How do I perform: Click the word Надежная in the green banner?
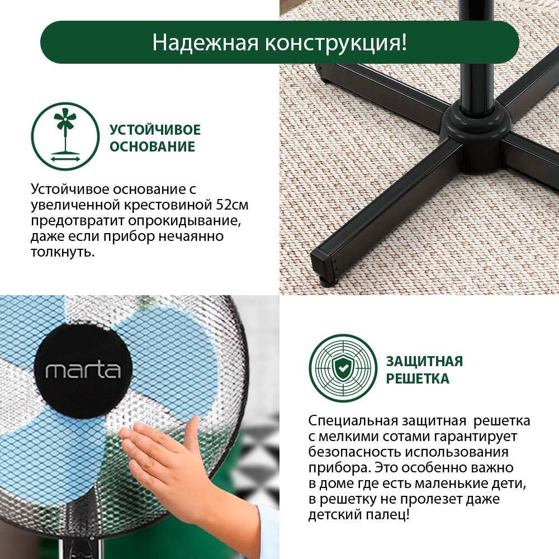tap(205, 42)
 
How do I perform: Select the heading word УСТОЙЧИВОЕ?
tap(155, 130)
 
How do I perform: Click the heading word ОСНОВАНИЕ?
tap(152, 146)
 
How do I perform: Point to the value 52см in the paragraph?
tap(233, 205)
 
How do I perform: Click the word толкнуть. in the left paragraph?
tap(63, 253)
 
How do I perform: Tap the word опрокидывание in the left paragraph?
tap(182, 221)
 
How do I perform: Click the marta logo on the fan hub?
tap(83, 371)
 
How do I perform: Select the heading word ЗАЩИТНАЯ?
tap(424, 362)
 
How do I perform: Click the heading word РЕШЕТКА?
tap(418, 378)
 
